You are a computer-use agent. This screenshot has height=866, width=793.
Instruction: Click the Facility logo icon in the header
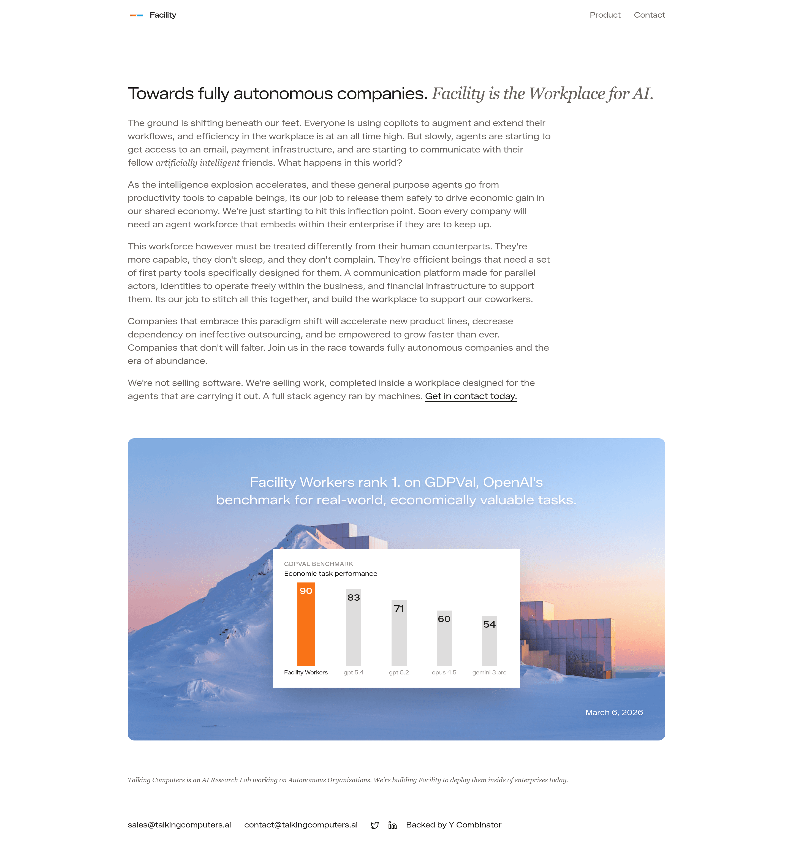click(x=137, y=15)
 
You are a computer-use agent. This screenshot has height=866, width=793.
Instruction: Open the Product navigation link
click(x=605, y=15)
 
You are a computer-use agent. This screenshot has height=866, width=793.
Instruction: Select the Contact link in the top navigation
click(x=649, y=15)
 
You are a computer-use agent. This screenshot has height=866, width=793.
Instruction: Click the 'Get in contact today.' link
click(x=471, y=396)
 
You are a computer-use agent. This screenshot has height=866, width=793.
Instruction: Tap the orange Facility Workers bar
click(x=306, y=631)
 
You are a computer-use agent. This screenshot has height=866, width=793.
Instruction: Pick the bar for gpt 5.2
click(x=399, y=638)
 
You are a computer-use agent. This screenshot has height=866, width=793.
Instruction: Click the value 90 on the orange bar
click(x=306, y=591)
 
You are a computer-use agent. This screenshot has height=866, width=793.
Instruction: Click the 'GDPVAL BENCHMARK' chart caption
click(x=318, y=564)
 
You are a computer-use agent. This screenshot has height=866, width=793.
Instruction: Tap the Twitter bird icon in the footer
click(x=374, y=825)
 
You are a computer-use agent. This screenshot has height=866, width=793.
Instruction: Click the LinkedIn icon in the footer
click(x=392, y=825)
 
